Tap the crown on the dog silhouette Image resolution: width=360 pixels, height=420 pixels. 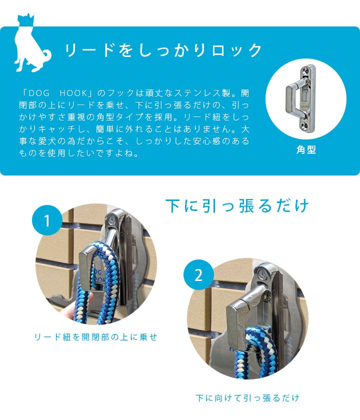25,19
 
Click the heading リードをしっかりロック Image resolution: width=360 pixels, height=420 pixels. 163,50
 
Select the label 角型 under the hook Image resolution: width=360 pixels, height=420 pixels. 306,149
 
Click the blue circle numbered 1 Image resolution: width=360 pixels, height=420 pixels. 47,220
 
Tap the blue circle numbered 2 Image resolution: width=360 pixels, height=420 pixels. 198,274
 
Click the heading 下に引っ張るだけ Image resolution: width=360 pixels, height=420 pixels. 237,205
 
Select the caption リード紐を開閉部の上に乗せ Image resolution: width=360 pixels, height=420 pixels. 95,336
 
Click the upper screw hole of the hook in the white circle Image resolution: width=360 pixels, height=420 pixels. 306,70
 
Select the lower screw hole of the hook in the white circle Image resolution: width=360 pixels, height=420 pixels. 306,125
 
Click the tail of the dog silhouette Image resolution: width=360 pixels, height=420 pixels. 47,54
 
